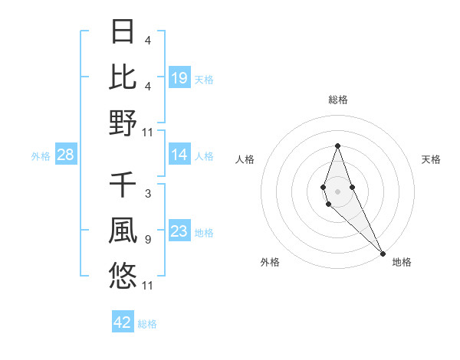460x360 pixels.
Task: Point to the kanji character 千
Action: click(123, 185)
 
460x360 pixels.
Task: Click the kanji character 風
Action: click(123, 231)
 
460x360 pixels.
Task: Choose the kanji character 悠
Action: click(123, 276)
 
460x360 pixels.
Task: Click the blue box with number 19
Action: click(179, 78)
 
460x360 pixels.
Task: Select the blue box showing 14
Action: click(179, 155)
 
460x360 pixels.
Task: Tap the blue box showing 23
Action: click(179, 231)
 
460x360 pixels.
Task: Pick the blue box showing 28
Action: click(66, 155)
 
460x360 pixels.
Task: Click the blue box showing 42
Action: click(123, 322)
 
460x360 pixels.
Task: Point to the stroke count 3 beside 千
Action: click(148, 194)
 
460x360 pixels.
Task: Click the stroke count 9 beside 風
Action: click(148, 240)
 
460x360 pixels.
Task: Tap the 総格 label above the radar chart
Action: click(337, 100)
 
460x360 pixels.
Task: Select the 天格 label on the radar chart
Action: click(432, 159)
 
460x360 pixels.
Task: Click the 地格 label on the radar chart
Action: click(402, 262)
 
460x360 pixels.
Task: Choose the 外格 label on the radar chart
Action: click(270, 262)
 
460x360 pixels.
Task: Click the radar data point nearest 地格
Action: click(383, 253)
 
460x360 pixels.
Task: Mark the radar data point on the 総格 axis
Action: click(337, 146)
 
